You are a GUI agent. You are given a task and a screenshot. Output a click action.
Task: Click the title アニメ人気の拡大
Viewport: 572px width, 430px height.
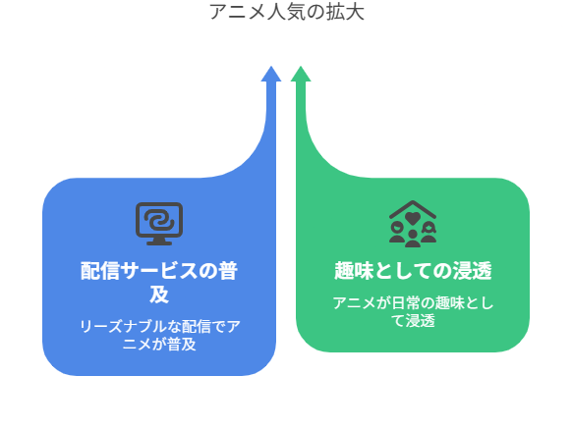[x=287, y=12]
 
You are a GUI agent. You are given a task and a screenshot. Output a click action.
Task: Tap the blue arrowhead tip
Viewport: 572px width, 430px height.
[x=271, y=67]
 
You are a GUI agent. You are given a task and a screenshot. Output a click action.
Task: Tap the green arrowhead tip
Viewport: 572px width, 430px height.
[x=301, y=67]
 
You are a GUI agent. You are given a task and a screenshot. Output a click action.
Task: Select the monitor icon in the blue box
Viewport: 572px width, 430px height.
[x=159, y=224]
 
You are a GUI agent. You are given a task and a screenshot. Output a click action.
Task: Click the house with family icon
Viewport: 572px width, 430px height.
[x=413, y=224]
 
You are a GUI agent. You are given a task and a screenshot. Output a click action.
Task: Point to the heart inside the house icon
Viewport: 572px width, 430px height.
[x=413, y=218]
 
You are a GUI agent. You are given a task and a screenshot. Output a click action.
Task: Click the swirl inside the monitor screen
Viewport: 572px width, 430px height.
[x=159, y=220]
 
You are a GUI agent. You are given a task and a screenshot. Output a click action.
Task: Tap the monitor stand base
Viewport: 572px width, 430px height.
[x=159, y=242]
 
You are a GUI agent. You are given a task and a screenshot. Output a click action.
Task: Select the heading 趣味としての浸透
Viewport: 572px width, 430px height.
[x=413, y=270]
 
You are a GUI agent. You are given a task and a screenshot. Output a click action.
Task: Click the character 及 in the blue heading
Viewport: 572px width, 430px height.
[x=159, y=295]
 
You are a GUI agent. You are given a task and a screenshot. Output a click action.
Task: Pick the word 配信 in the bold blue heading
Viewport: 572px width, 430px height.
[x=100, y=271]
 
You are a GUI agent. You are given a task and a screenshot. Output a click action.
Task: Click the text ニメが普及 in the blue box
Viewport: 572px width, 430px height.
[x=159, y=345]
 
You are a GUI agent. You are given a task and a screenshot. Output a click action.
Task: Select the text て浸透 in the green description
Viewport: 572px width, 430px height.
[x=413, y=321]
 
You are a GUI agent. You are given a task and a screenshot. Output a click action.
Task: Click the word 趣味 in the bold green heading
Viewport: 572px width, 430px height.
[x=354, y=270]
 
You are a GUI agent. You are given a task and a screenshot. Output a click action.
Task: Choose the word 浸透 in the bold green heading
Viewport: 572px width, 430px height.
[x=473, y=270]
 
